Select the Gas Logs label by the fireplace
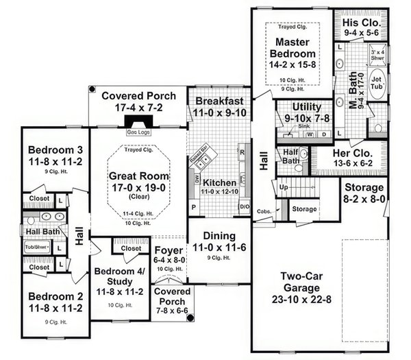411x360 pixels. tap(138, 131)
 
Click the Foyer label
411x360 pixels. tap(168, 250)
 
